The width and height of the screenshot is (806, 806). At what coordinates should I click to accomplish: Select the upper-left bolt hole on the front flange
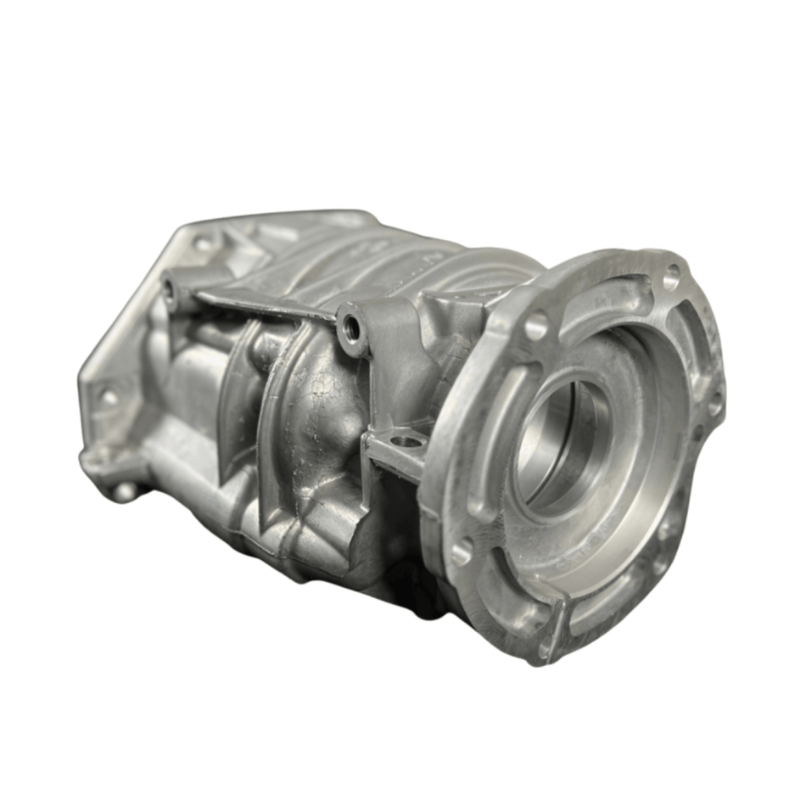tap(536, 325)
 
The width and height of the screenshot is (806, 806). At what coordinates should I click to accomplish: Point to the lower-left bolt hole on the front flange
tap(462, 551)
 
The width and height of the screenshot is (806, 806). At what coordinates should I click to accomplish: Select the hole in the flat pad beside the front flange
tap(407, 441)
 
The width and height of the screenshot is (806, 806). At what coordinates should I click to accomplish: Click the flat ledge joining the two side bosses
tap(263, 301)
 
